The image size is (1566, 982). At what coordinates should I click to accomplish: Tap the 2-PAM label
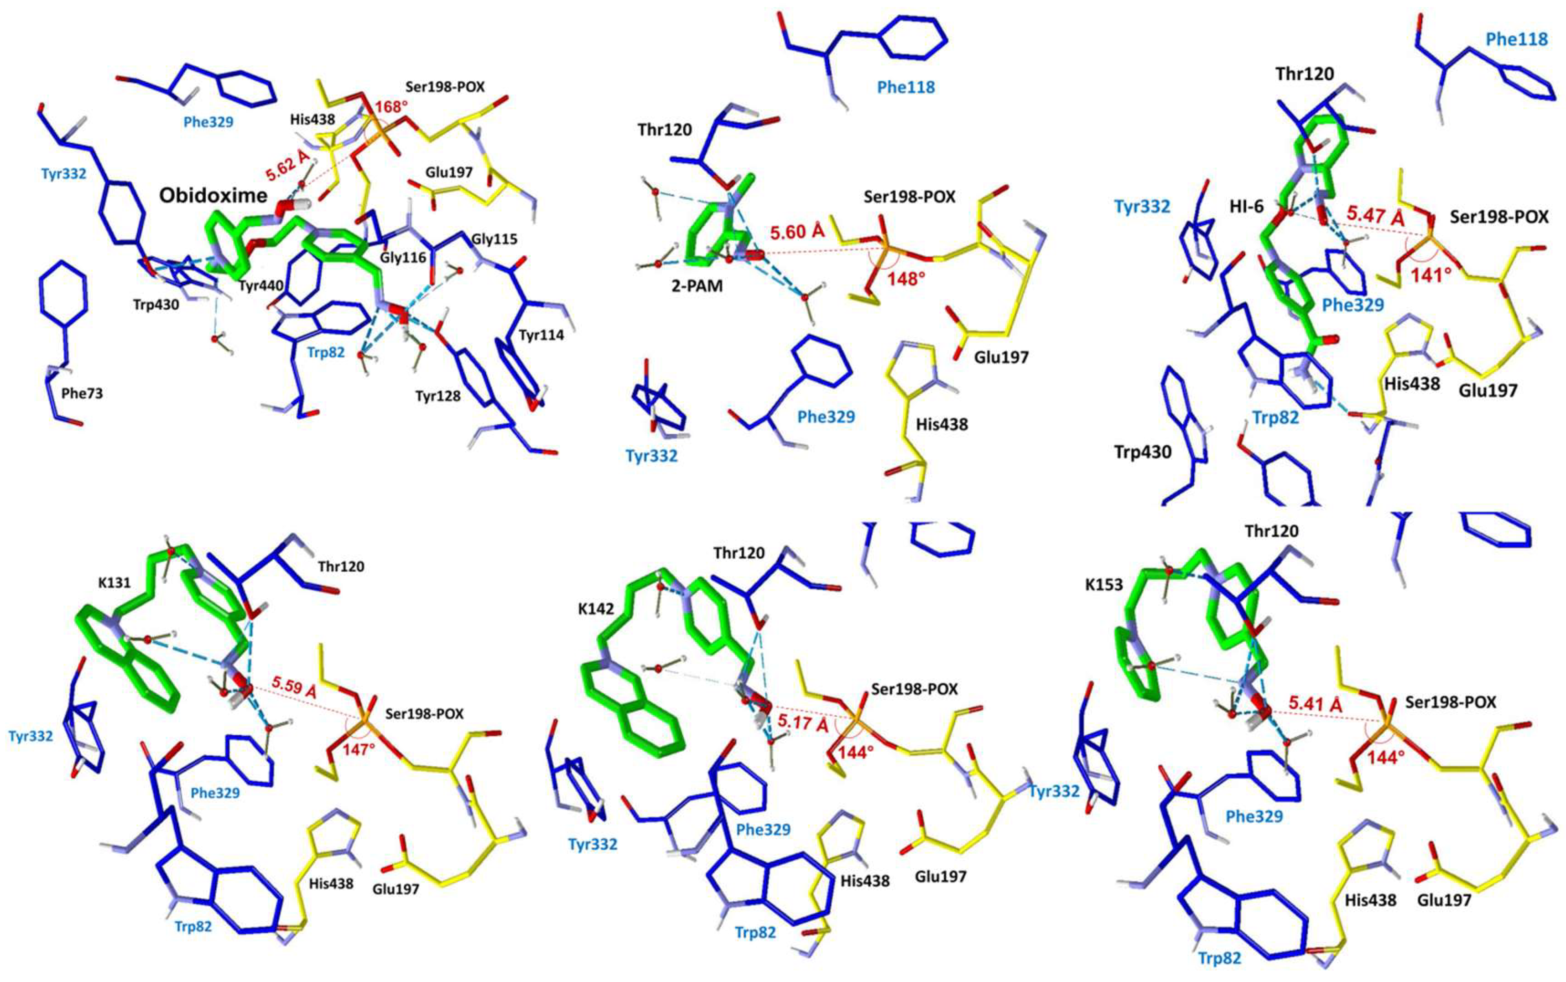(697, 285)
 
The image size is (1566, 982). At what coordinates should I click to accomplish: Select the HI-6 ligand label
(1246, 207)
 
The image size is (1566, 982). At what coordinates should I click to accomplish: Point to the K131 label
(115, 582)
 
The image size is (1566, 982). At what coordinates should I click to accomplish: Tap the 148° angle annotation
(907, 279)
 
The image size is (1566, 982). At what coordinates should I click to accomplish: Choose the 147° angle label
(359, 749)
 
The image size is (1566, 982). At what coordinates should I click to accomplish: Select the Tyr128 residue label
(438, 395)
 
